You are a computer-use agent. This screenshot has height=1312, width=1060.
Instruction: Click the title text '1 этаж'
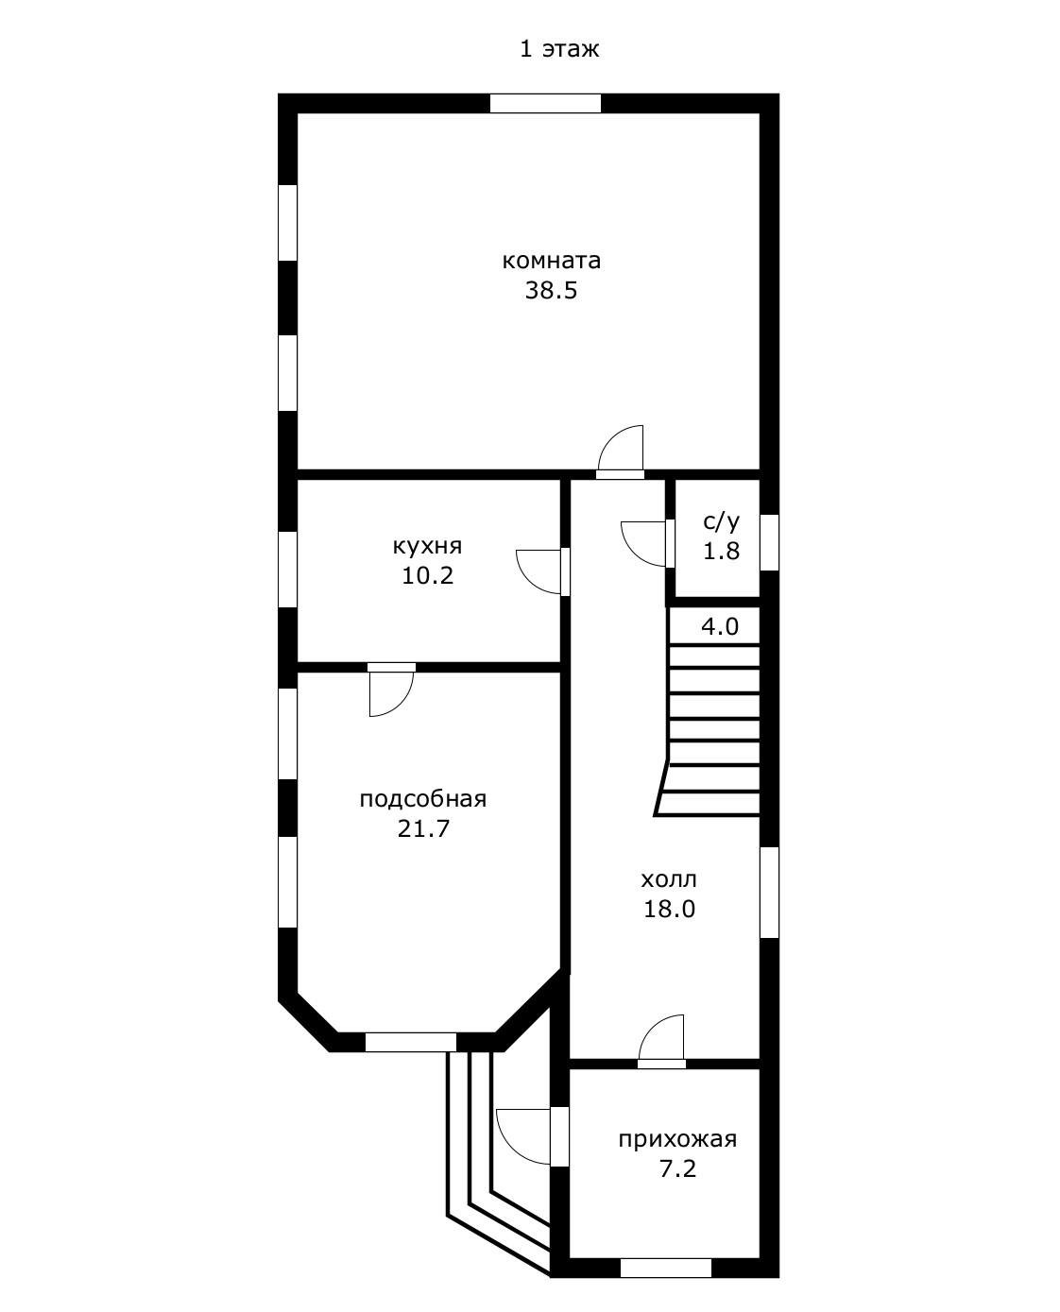click(x=559, y=49)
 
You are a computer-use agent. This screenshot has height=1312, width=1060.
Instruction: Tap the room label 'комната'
click(x=551, y=261)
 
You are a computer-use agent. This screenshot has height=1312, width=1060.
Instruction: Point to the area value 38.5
click(x=551, y=290)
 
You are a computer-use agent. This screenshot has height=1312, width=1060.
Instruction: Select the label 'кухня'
click(x=427, y=547)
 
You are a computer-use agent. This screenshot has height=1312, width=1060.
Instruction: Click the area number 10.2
click(x=427, y=576)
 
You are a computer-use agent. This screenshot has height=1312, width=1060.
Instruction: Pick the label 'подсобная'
click(x=423, y=800)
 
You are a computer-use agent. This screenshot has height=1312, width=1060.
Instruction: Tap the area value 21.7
click(x=423, y=829)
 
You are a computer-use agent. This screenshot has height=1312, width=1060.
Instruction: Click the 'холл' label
click(x=669, y=879)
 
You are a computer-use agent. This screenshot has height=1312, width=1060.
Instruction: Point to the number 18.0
click(x=669, y=910)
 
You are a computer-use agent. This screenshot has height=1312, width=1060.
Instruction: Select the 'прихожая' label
click(x=677, y=1139)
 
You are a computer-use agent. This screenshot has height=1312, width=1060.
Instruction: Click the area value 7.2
click(x=677, y=1168)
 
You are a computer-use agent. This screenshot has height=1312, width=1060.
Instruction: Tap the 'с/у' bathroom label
click(x=721, y=521)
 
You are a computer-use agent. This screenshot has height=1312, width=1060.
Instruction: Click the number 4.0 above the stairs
click(x=720, y=626)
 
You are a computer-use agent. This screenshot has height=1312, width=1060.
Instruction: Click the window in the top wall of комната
click(x=545, y=103)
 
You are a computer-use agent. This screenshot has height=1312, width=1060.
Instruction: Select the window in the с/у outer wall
click(x=769, y=542)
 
